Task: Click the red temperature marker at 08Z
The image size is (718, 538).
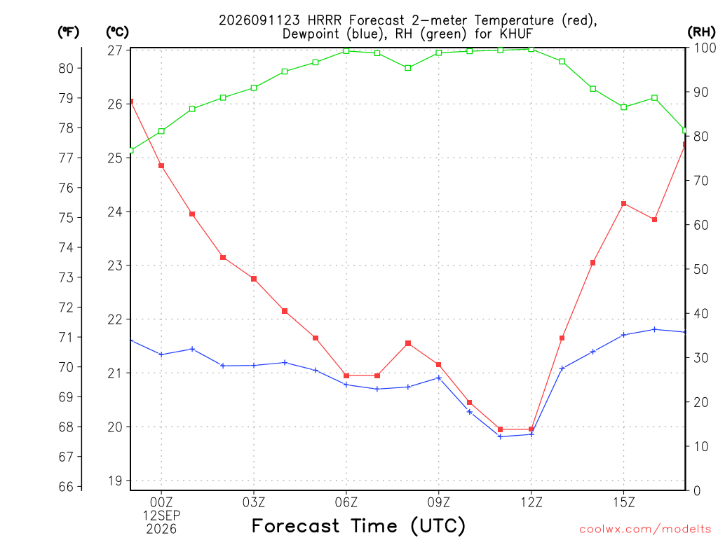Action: tap(408, 343)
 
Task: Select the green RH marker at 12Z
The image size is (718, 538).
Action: tap(531, 49)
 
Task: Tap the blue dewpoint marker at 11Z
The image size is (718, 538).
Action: tap(500, 436)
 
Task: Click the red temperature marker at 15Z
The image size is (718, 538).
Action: tap(623, 204)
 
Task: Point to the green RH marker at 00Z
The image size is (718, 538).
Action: tap(161, 131)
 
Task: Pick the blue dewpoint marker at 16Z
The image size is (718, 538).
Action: tap(654, 329)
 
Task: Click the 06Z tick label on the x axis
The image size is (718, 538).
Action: tap(346, 502)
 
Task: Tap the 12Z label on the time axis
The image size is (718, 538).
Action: tap(531, 502)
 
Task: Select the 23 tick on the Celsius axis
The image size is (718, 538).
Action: tap(116, 265)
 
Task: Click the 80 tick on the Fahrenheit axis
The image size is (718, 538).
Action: tap(66, 68)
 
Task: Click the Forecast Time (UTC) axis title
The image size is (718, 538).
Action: tap(358, 525)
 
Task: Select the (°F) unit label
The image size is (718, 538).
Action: tap(68, 32)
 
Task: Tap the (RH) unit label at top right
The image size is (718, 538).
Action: tap(701, 32)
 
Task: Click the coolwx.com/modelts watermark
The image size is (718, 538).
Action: tap(645, 530)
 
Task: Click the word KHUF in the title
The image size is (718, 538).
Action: tap(516, 34)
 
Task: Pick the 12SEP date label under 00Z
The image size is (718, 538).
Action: tap(161, 516)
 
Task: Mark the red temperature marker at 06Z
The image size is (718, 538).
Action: tap(346, 375)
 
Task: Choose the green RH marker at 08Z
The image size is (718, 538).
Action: tap(408, 68)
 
